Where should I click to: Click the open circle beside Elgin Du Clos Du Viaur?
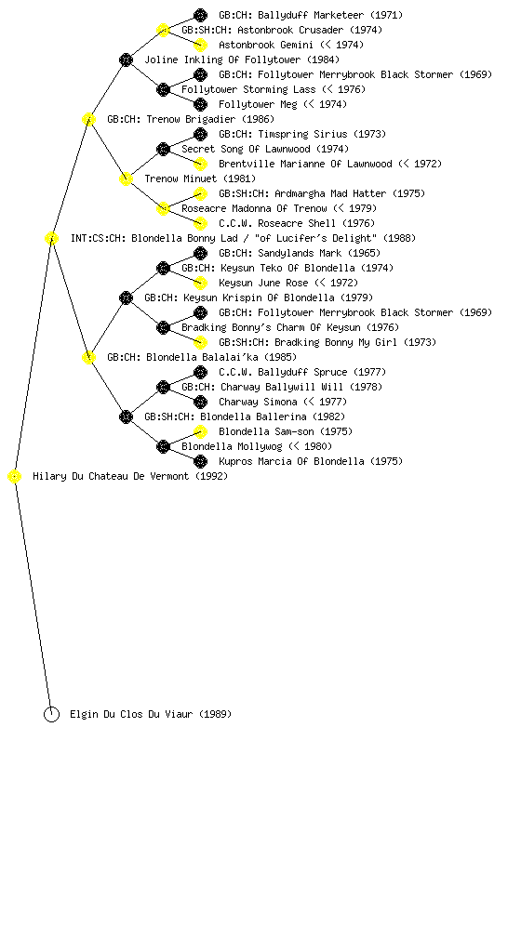(51, 715)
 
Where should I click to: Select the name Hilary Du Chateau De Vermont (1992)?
(130, 477)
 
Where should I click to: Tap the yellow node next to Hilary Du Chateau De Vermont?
(15, 477)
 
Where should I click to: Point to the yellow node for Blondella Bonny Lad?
(51, 239)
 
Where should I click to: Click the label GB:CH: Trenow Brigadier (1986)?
(191, 120)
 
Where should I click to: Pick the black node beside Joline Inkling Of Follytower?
(126, 59)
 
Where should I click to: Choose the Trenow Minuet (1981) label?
(200, 179)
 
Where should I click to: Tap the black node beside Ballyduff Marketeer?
(200, 15)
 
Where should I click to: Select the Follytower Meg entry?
(283, 104)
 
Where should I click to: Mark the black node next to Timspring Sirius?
(200, 134)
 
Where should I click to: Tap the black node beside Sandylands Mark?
(200, 253)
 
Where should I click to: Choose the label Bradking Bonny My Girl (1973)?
(327, 342)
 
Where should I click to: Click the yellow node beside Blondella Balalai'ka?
(88, 358)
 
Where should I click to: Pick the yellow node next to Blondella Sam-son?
(200, 431)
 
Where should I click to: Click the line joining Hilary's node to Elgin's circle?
(33, 596)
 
